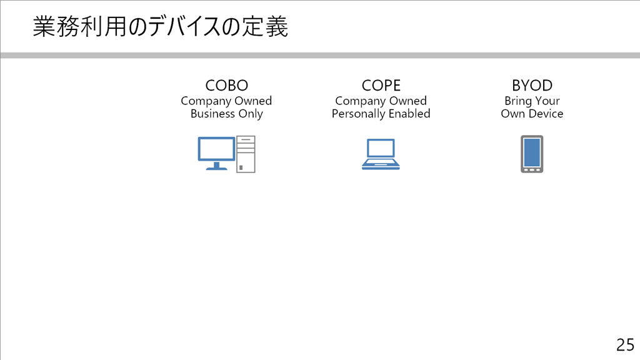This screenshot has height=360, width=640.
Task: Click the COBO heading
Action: [x=226, y=85]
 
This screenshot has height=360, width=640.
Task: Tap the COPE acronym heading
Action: [x=381, y=85]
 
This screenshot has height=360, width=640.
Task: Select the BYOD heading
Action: [x=532, y=85]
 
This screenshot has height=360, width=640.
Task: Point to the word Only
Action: [x=251, y=114]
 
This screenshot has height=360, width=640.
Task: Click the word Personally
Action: [x=358, y=114]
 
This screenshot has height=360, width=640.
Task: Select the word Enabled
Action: [x=409, y=114]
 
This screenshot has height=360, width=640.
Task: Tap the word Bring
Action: [x=517, y=101]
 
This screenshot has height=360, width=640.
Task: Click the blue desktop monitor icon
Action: [x=217, y=153]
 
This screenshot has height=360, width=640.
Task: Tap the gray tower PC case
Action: [x=246, y=154]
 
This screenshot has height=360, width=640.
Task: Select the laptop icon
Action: [x=381, y=154]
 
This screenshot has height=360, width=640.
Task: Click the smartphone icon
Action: [x=532, y=154]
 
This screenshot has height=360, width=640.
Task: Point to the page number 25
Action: [x=625, y=345]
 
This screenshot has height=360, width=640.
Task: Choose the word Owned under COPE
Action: [x=407, y=101]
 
